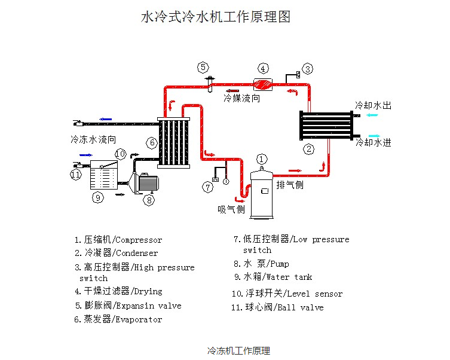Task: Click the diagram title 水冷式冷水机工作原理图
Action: [x=215, y=17]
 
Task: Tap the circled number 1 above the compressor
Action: [x=261, y=159]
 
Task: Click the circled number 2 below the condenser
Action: [x=309, y=149]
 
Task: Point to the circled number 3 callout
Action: [x=307, y=69]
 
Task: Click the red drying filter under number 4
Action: [x=263, y=83]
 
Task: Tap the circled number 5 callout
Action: [x=203, y=67]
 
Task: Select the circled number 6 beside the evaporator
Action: [x=152, y=142]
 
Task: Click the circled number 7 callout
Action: [x=207, y=187]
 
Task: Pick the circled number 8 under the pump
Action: [x=149, y=200]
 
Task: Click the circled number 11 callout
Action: [x=75, y=175]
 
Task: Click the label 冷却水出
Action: [x=374, y=105]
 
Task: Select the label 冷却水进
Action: [x=374, y=142]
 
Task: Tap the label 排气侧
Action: [x=290, y=185]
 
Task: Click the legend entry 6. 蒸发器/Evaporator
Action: [x=118, y=319]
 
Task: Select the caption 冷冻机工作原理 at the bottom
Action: [x=238, y=350]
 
